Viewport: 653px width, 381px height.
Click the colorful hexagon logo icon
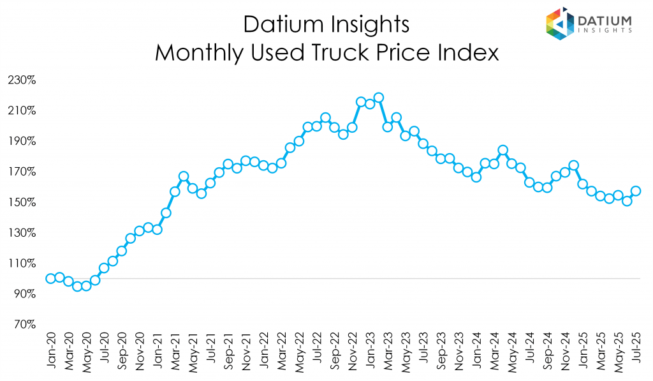coord(560,24)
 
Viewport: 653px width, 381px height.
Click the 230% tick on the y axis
coord(22,80)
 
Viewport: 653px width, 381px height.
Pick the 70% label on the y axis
coord(25,324)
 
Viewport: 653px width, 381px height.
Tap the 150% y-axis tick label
coord(22,202)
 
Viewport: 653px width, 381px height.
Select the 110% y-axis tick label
coord(22,263)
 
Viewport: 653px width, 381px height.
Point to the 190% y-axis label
coord(22,141)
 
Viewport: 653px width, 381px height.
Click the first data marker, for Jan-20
coord(50,278)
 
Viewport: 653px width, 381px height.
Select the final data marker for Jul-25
coord(636,191)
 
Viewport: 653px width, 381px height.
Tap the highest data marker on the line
coord(378,98)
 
